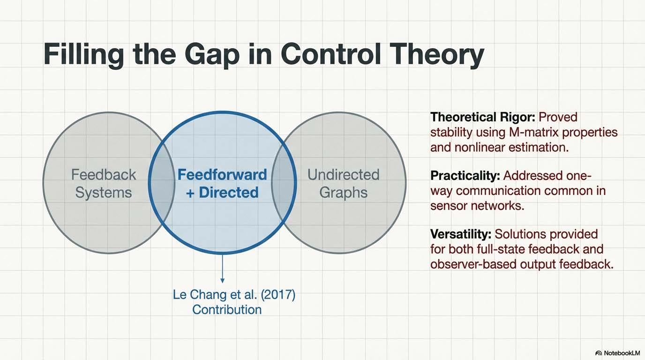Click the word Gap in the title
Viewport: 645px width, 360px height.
click(212, 55)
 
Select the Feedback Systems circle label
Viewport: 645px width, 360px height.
click(104, 183)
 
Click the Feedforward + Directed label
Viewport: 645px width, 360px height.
click(222, 183)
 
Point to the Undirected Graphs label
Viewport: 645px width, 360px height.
click(344, 183)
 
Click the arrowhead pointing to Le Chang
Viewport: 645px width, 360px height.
click(222, 280)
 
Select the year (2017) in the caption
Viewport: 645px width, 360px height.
click(278, 295)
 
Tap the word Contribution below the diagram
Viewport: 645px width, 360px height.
click(227, 310)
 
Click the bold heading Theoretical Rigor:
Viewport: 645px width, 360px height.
click(483, 117)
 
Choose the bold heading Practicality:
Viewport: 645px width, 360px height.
click(465, 176)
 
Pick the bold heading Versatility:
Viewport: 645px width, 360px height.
click(461, 234)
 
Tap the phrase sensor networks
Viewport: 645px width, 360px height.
click(477, 206)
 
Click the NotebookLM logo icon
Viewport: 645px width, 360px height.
click(599, 353)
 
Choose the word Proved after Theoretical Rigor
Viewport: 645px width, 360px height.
click(558, 117)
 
